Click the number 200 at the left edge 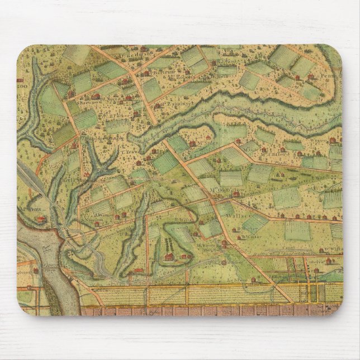(x=22, y=87)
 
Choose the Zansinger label (x=166, y=104)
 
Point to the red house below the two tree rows (x=168, y=257)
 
